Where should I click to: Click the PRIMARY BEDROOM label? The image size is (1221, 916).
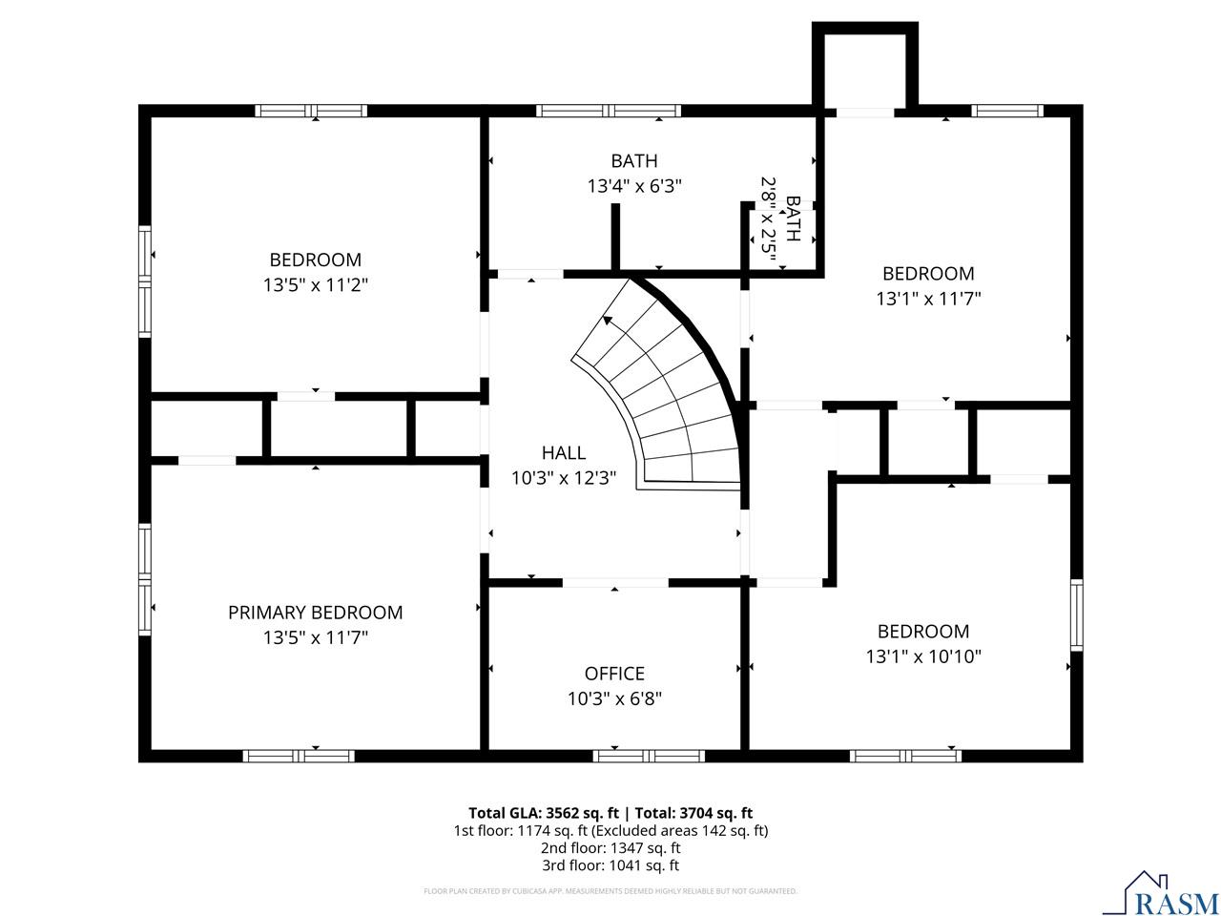pyautogui.click(x=315, y=613)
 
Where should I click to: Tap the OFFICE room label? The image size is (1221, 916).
pyautogui.click(x=614, y=674)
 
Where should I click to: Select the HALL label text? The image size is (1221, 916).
pyautogui.click(x=564, y=452)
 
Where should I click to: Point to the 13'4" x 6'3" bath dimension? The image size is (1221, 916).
pyautogui.click(x=634, y=186)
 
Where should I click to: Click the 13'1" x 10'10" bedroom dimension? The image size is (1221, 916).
pyautogui.click(x=923, y=656)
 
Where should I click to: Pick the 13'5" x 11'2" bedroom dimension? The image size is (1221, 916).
pyautogui.click(x=316, y=284)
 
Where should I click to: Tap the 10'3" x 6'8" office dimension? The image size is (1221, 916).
pyautogui.click(x=614, y=698)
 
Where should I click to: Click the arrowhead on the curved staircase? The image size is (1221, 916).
pyautogui.click(x=608, y=321)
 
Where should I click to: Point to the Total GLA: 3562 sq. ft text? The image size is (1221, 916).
pyautogui.click(x=544, y=813)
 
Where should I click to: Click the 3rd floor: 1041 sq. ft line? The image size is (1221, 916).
pyautogui.click(x=610, y=865)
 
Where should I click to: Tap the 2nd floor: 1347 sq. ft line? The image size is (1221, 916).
pyautogui.click(x=610, y=847)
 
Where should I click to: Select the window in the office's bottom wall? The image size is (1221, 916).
pyautogui.click(x=649, y=756)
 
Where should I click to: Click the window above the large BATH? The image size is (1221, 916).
pyautogui.click(x=609, y=110)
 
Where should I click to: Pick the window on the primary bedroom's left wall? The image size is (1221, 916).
pyautogui.click(x=145, y=579)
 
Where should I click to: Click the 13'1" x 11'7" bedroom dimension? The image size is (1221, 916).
pyautogui.click(x=928, y=299)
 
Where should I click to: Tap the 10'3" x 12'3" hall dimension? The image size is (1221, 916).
pyautogui.click(x=564, y=478)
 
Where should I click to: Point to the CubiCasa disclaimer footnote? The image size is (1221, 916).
pyautogui.click(x=610, y=891)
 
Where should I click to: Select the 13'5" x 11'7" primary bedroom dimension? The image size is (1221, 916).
pyautogui.click(x=316, y=637)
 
